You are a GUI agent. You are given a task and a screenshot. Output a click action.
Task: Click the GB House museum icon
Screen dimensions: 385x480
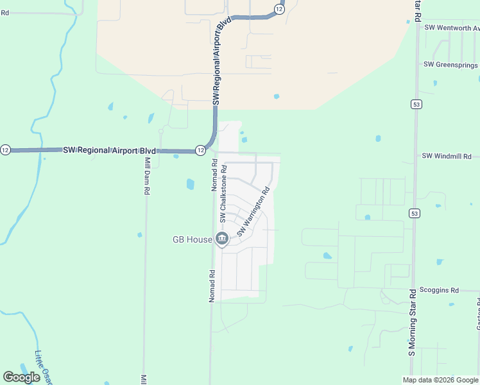click(222, 239)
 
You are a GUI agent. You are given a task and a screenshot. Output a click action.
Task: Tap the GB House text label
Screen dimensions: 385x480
click(192, 239)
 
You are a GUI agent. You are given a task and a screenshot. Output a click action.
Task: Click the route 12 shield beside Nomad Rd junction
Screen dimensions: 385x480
click(200, 150)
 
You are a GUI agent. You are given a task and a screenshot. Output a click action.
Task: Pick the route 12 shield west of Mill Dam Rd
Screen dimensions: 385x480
click(5, 150)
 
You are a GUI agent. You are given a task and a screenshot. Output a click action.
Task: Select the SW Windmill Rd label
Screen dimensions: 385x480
click(447, 156)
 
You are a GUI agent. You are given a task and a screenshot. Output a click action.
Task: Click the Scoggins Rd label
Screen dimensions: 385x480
click(439, 290)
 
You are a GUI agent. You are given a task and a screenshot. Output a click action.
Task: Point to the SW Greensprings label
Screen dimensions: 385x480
click(450, 65)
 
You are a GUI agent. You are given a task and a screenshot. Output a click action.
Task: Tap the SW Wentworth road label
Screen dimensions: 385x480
click(452, 28)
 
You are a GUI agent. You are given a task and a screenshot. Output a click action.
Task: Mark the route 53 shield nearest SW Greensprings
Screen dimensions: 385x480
click(416, 104)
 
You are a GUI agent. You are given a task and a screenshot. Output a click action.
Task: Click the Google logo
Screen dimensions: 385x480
click(21, 377)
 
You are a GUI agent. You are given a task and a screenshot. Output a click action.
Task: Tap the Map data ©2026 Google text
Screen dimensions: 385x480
click(440, 380)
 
